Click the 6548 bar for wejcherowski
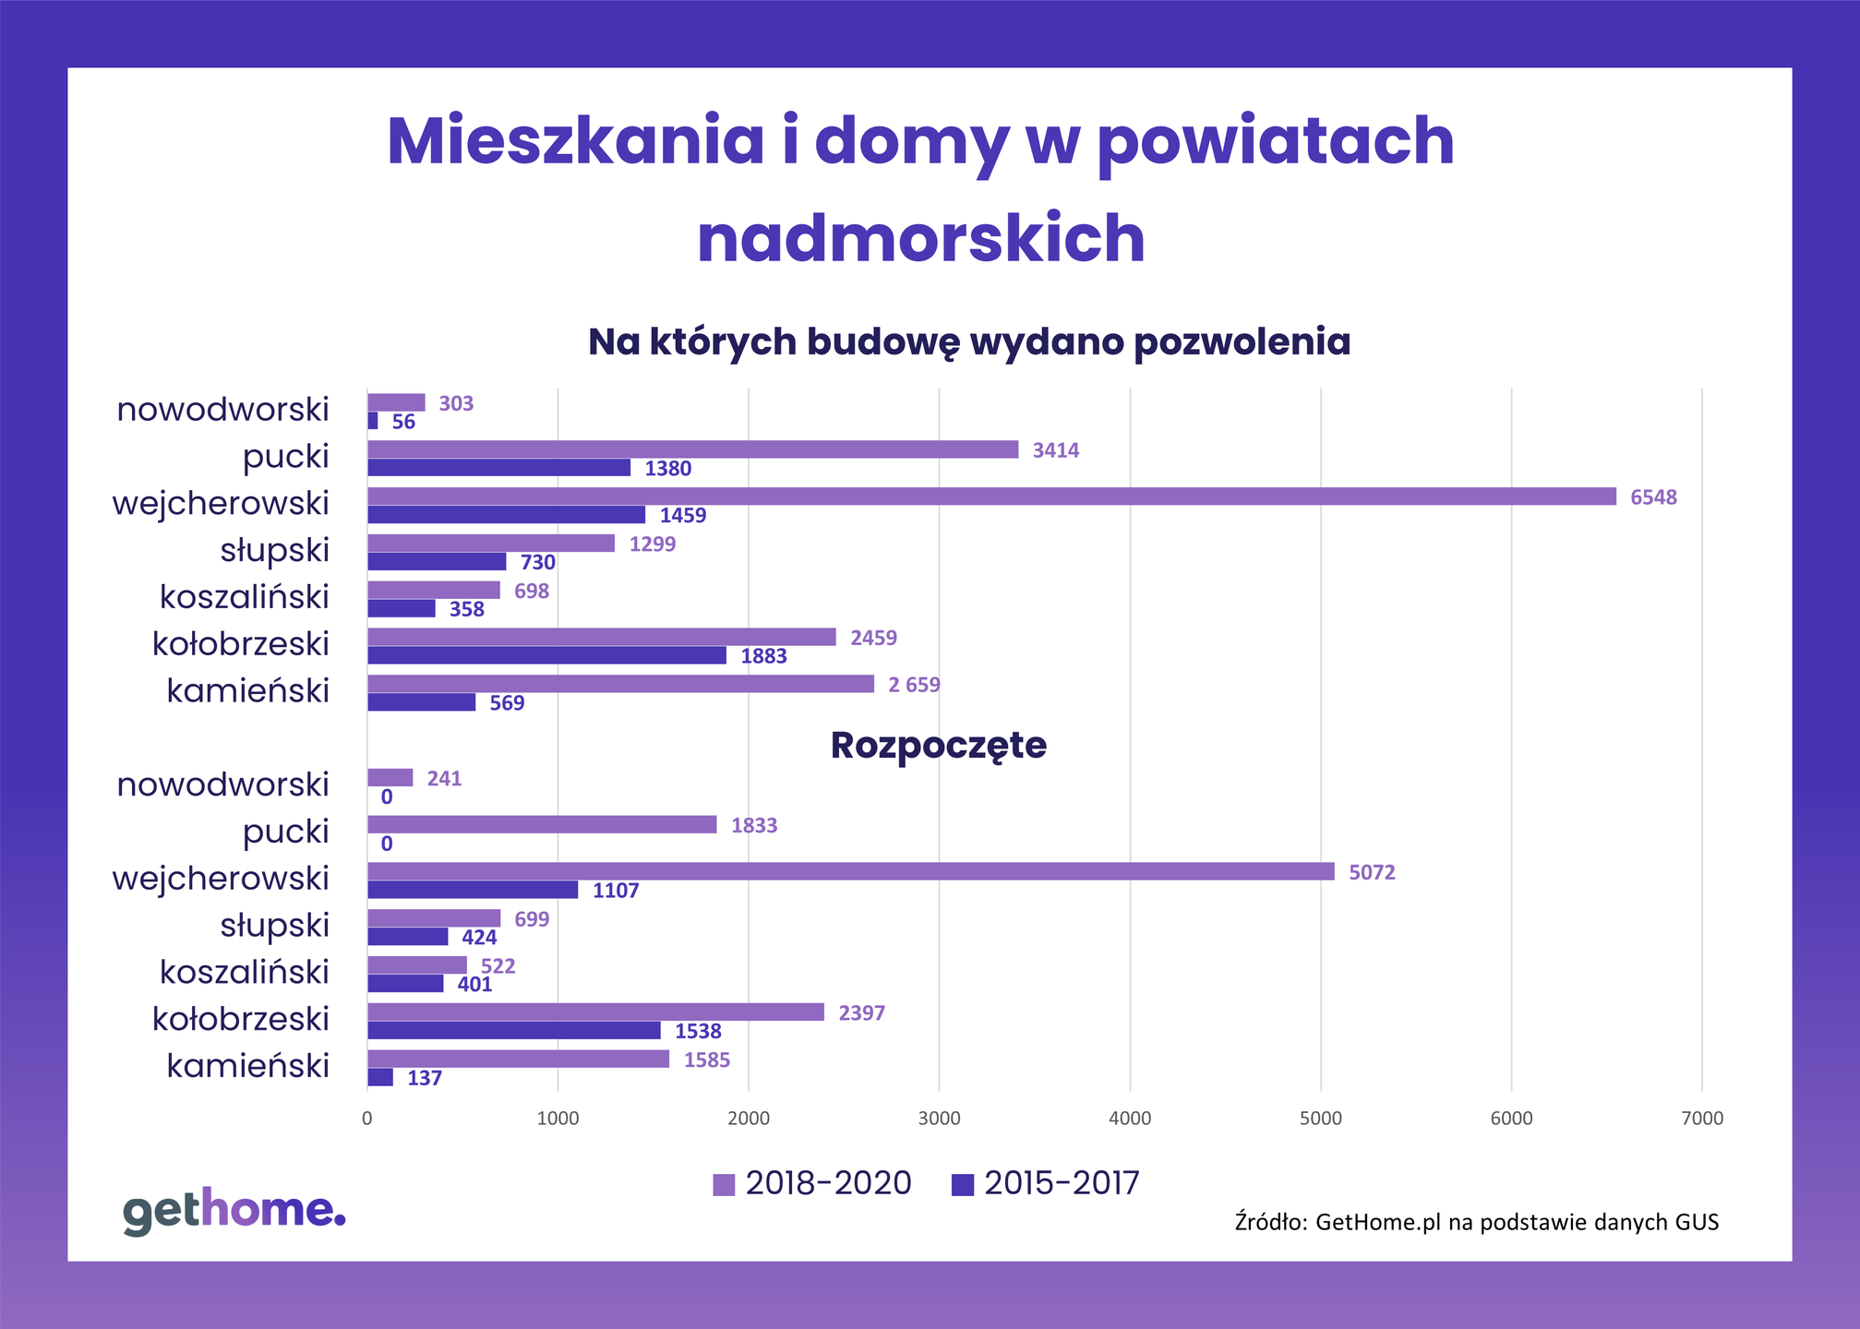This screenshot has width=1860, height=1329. [x=991, y=497]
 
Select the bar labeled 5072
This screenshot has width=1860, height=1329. [x=850, y=871]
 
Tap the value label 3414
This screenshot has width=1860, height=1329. [x=1055, y=450]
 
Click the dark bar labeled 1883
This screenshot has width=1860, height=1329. [x=546, y=655]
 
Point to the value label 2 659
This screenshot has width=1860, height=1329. [x=913, y=685]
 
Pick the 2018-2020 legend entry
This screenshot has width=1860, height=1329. [x=812, y=1183]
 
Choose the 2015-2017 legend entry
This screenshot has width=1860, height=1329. [x=1046, y=1183]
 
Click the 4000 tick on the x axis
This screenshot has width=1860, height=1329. [x=1129, y=1119]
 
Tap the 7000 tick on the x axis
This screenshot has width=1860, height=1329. [x=1701, y=1119]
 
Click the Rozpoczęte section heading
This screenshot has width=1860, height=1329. [x=938, y=746]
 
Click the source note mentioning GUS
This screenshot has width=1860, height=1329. [x=1476, y=1222]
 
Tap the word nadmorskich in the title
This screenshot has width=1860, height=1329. [x=920, y=238]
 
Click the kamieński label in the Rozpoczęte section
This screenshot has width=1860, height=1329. [x=247, y=1066]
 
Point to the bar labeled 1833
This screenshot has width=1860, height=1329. [x=542, y=824]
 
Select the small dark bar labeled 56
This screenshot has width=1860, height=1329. [x=373, y=421]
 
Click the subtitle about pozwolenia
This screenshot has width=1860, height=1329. [x=968, y=341]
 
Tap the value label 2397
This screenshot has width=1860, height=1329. [x=861, y=1013]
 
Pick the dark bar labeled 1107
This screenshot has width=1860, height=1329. [x=473, y=890]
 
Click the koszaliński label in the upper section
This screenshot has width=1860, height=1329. [x=244, y=597]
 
